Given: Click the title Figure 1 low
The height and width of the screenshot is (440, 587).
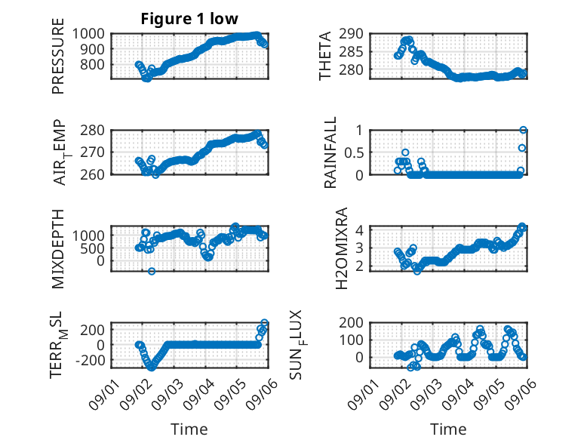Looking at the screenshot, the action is [x=189, y=19].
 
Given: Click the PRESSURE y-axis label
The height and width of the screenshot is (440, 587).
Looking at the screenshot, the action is [x=58, y=56].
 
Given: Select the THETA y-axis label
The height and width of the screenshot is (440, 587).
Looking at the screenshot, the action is [x=325, y=56].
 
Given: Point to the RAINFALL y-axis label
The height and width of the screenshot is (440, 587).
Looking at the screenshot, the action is [x=330, y=152].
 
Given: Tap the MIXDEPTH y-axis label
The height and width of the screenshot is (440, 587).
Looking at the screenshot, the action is [x=58, y=249].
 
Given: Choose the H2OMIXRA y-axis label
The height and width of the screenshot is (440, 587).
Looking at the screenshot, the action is [x=342, y=248].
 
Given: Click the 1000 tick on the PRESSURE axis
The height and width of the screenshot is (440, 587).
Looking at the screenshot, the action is [x=88, y=34].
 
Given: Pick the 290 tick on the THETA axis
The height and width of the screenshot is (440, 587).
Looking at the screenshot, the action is [x=351, y=34].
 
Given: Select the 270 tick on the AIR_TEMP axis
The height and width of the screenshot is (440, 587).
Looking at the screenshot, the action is [x=92, y=152].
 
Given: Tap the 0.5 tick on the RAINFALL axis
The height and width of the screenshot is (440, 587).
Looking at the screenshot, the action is [x=354, y=152].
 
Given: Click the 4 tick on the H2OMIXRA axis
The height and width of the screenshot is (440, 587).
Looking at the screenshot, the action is [x=359, y=229].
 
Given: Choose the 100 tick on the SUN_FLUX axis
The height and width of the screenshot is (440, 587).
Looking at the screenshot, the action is [x=351, y=340].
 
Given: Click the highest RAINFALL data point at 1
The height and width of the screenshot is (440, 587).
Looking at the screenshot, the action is [x=524, y=130].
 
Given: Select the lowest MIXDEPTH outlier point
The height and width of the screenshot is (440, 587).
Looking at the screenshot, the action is [x=151, y=271].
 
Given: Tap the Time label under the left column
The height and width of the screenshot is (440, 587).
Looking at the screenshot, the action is [x=189, y=429].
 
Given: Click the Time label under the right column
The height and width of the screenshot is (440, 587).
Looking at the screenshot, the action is [x=448, y=429].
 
